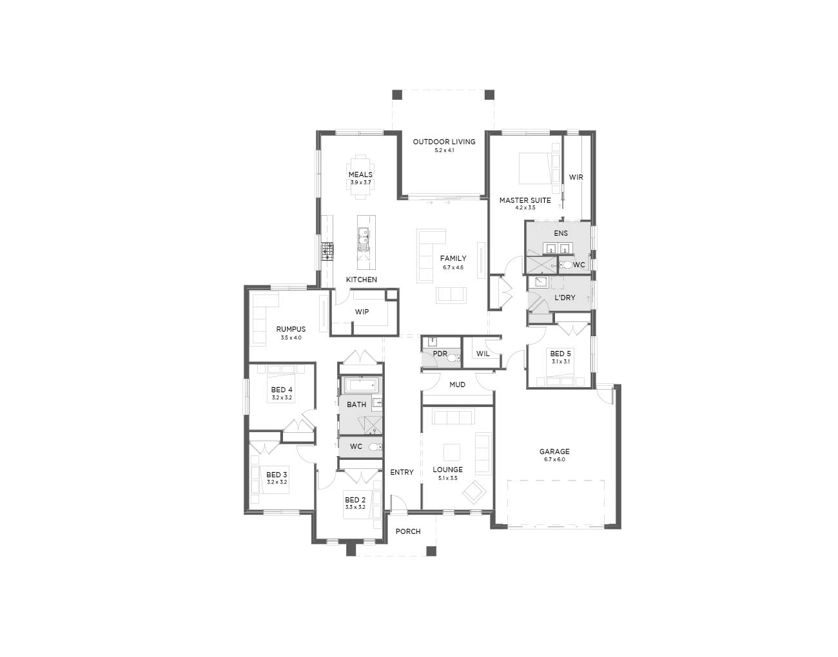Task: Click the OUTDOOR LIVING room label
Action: pos(444,142)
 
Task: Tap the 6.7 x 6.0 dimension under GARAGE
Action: pos(554,459)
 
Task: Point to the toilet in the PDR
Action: pos(453,358)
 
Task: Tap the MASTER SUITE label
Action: pos(525,200)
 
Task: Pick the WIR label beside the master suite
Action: pos(576,177)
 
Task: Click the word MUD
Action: pos(458,385)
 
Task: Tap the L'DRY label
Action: pos(565,298)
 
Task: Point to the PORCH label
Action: pos(408,531)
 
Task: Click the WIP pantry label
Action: pos(362,312)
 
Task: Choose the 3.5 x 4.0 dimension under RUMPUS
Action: pos(291,338)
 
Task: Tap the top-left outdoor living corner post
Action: pos(397,95)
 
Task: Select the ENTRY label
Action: pos(402,472)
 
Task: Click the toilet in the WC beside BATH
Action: pos(375,447)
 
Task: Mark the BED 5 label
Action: pos(560,354)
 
